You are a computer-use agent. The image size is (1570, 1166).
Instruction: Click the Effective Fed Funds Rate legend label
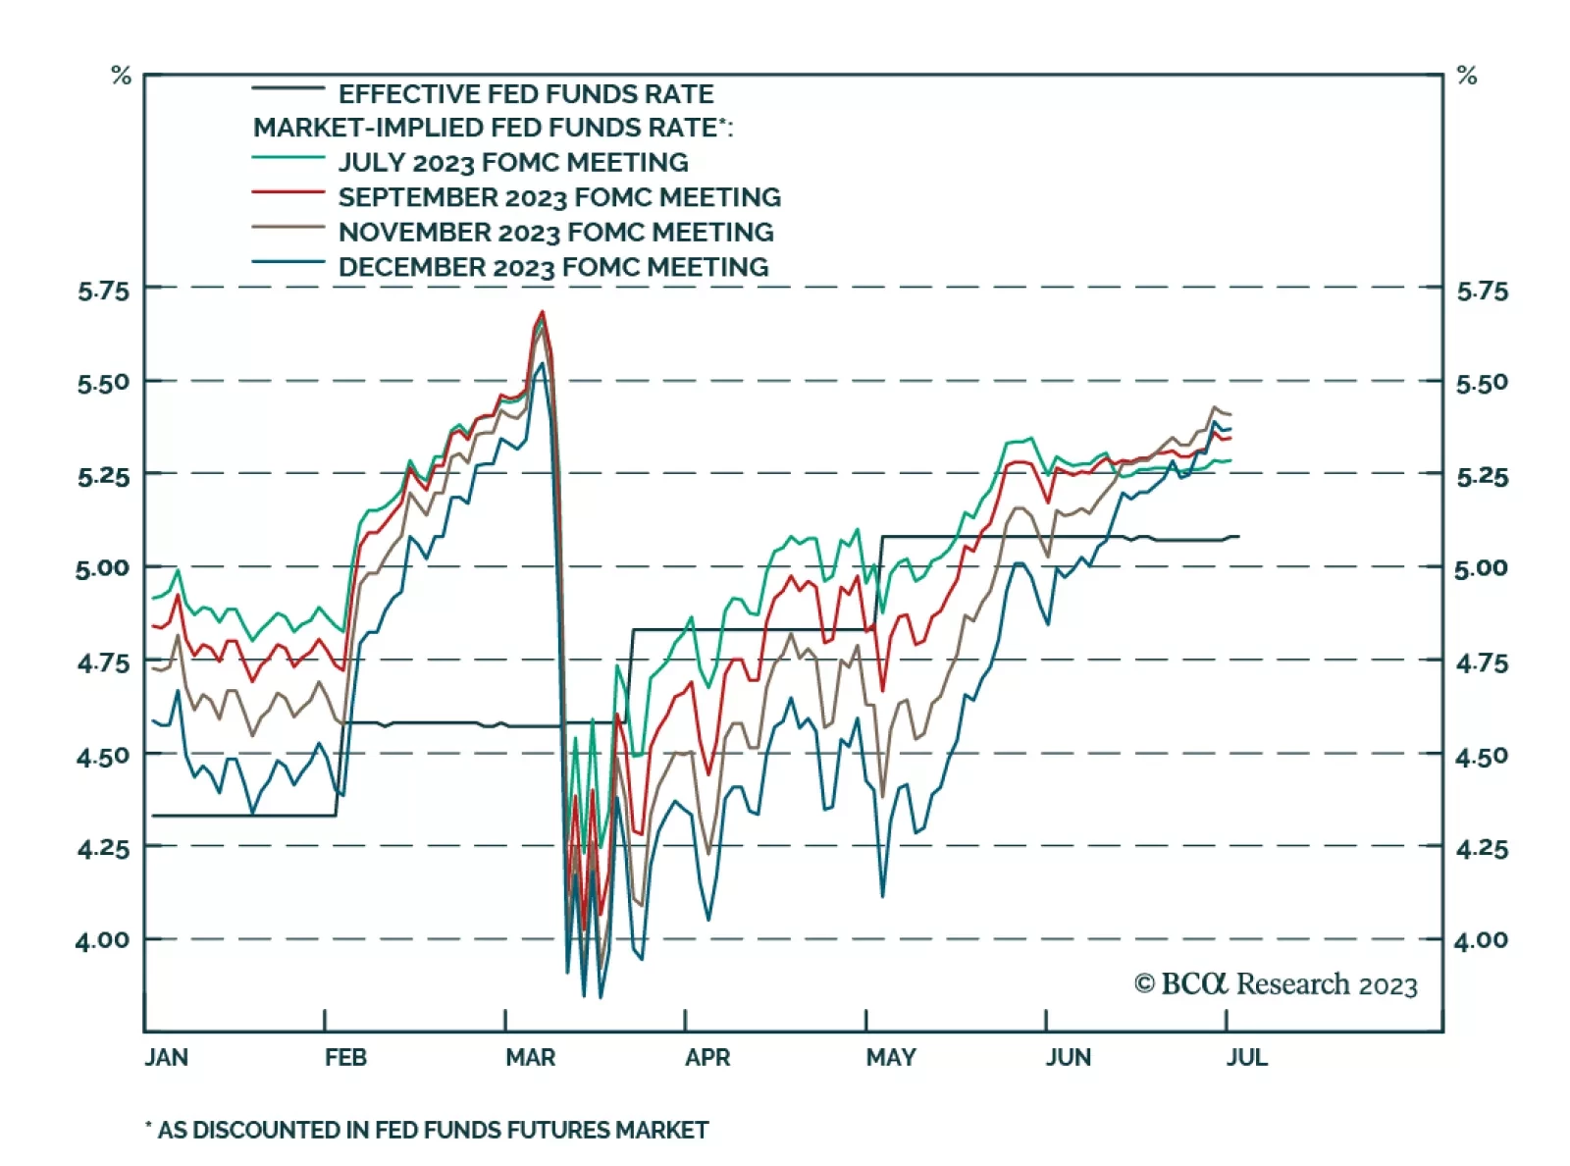(525, 94)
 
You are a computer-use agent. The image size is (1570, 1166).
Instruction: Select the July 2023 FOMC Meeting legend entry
(512, 162)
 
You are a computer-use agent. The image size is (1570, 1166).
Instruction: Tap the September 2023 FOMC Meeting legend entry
(559, 197)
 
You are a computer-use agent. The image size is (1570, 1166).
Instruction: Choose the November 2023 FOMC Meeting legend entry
(555, 233)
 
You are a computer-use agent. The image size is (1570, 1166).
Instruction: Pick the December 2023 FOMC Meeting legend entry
(552, 267)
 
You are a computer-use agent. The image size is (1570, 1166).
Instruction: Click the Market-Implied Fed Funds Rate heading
(493, 128)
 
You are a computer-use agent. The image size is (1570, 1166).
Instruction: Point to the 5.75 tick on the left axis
(103, 291)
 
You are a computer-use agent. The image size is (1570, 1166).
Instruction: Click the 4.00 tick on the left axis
(103, 940)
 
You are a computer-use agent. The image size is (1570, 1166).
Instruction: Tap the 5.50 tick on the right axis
(1482, 383)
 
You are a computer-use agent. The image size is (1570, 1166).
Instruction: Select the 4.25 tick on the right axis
(1482, 848)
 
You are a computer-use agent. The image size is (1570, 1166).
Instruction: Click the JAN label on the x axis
(166, 1057)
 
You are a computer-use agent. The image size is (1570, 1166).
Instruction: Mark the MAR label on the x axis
(530, 1057)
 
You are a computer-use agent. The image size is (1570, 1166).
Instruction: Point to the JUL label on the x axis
(1246, 1057)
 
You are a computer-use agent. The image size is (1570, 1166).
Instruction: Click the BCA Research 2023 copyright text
(1276, 984)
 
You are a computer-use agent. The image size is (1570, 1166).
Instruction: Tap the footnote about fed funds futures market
(427, 1131)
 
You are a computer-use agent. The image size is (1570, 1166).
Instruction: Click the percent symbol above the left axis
(121, 76)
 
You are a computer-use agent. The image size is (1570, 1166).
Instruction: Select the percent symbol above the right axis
(1467, 76)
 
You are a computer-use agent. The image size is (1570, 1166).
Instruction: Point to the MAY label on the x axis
(890, 1057)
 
